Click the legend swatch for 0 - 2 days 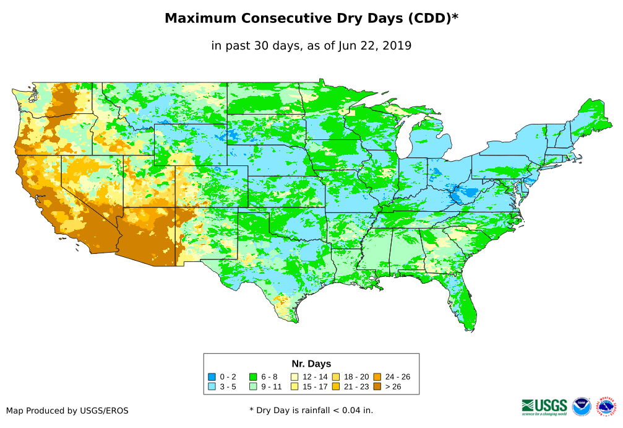(x=212, y=377)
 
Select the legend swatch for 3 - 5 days (x=212, y=387)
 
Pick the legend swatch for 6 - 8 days (x=253, y=377)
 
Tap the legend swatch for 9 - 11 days (x=253, y=387)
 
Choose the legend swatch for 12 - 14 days (x=294, y=377)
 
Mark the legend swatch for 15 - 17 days (x=294, y=387)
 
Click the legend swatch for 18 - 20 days (x=336, y=377)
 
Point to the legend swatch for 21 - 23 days (x=336, y=387)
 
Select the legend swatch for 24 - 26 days (x=377, y=377)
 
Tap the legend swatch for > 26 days (x=377, y=387)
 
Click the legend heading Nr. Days (x=311, y=364)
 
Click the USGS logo (x=544, y=406)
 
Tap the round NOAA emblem (x=582, y=406)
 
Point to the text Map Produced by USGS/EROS (x=67, y=411)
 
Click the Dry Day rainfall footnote (x=311, y=410)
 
